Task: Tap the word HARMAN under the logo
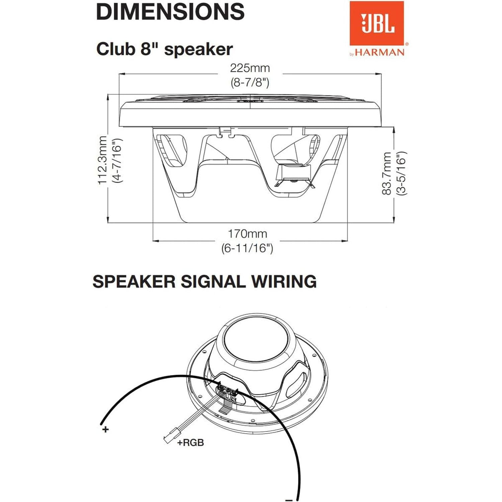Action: [380, 52]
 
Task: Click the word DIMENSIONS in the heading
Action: [170, 11]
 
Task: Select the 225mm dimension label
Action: [250, 68]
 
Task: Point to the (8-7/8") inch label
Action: [250, 82]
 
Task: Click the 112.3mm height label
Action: [102, 160]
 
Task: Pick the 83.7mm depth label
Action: [387, 173]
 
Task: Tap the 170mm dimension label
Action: [247, 234]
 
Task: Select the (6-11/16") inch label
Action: [247, 248]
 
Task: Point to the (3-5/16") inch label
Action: [401, 173]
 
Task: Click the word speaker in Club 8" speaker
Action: [198, 50]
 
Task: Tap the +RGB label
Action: [190, 442]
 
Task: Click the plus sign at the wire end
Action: [105, 429]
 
